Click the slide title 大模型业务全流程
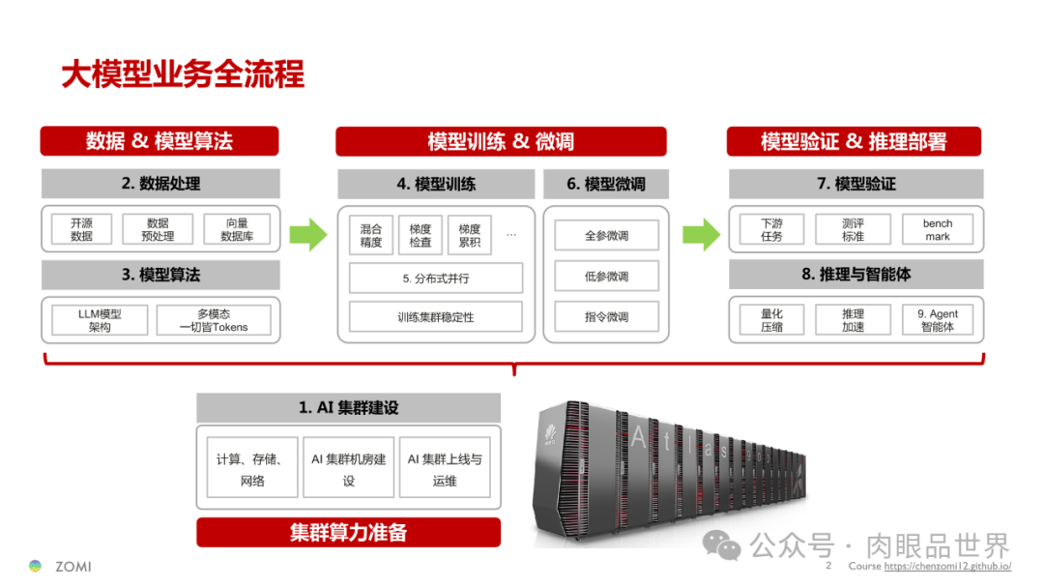[x=183, y=74]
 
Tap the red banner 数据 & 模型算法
[x=159, y=141]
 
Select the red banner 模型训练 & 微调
[x=501, y=141]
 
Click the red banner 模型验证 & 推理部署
[x=854, y=141]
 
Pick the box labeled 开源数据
[x=82, y=229]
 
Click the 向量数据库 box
[x=237, y=229]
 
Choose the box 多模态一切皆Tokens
[x=214, y=320]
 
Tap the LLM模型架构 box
[x=100, y=320]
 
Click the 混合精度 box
[x=371, y=235]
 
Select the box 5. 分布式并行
[x=436, y=279]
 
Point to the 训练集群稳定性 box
[x=436, y=317]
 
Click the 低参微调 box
[x=606, y=277]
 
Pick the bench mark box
[x=937, y=229]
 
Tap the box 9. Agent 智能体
[x=937, y=320]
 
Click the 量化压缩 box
[x=771, y=320]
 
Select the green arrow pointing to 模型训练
[x=309, y=234]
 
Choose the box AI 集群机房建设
[x=348, y=469]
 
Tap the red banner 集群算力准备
[x=348, y=533]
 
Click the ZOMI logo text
[x=72, y=566]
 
